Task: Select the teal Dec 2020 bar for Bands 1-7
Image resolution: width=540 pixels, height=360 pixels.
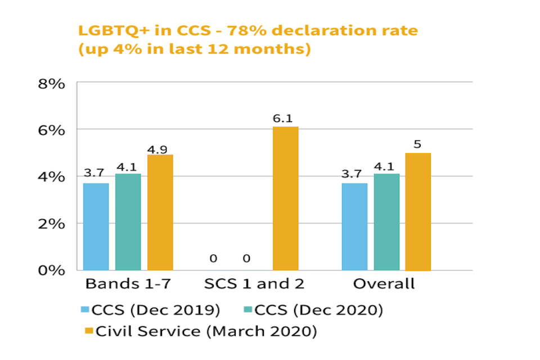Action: (x=128, y=222)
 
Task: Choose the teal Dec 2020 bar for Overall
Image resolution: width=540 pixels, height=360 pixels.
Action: (x=386, y=222)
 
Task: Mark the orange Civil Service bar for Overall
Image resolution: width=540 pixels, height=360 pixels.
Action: (x=418, y=211)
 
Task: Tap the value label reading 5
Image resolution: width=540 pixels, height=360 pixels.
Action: (x=417, y=144)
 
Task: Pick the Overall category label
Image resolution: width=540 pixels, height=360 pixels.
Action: (x=384, y=283)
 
